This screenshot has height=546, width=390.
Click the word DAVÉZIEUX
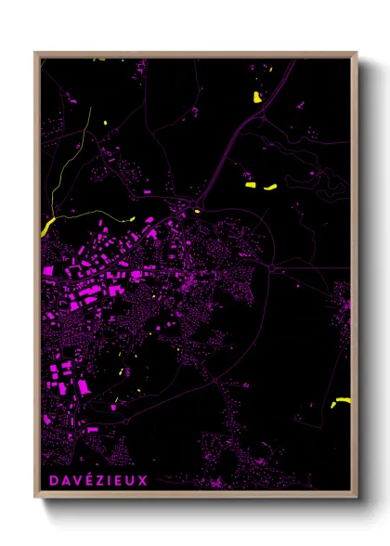[95, 480]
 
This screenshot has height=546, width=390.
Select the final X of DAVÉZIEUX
[142, 480]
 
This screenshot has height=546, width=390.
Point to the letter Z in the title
[97, 480]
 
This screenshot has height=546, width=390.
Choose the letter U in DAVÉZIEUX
[130, 480]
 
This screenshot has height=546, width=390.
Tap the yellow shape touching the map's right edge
[343, 401]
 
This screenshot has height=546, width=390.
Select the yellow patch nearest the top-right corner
[257, 97]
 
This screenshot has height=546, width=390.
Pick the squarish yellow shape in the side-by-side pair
[251, 186]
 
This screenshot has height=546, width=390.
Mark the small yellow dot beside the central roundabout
[198, 211]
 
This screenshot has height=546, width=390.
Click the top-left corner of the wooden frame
[35, 53]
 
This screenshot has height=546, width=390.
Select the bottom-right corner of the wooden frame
[357, 500]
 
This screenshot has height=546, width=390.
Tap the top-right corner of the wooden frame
[357, 53]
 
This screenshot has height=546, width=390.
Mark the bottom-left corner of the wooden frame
[35, 500]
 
